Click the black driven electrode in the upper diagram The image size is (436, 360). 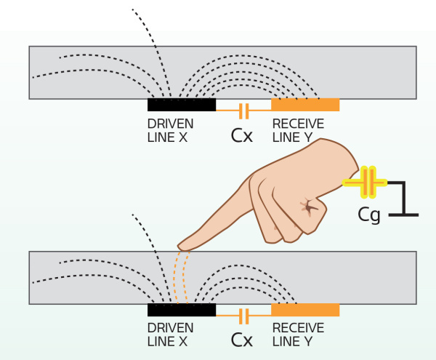pos(182,105)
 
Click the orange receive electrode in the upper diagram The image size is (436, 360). pos(305,105)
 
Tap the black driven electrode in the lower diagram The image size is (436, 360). pos(182,310)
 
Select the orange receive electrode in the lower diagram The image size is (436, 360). pos(305,310)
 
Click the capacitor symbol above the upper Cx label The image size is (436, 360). pos(244,111)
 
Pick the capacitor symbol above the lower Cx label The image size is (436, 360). pos(244,316)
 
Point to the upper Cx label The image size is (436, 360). pos(242,135)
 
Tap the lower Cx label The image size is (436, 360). pos(242,339)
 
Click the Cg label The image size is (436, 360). pos(370,215)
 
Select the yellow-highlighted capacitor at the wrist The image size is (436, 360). pos(369,183)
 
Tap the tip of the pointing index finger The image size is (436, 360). pos(182,244)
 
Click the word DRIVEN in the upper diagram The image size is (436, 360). pos(170,124)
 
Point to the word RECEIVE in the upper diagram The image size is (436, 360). pos(298,124)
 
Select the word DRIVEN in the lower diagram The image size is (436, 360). pos(170,328)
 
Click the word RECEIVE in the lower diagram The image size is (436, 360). pos(298,328)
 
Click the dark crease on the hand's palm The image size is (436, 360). pos(310,209)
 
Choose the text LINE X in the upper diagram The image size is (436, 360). pos(167,136)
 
